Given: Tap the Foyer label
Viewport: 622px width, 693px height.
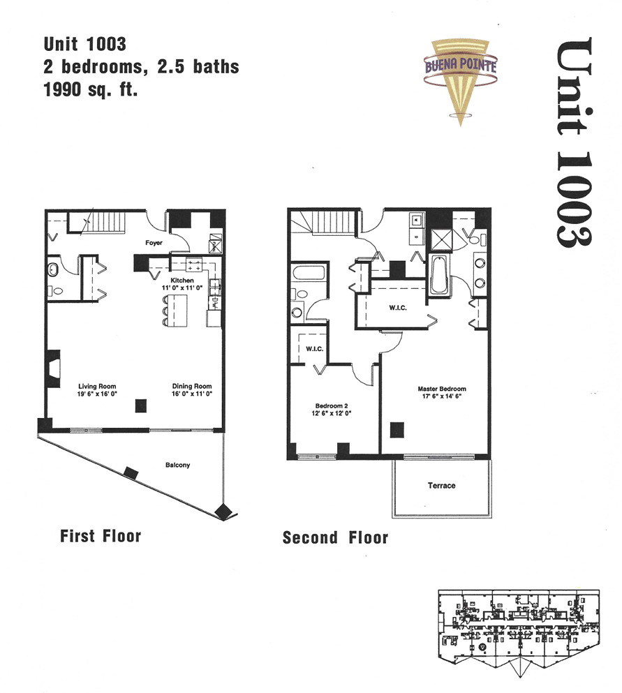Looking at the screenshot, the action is pyautogui.click(x=154, y=243).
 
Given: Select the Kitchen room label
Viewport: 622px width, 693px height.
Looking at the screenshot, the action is pyautogui.click(x=182, y=281).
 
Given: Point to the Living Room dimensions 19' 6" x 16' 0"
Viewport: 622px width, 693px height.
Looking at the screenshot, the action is pyautogui.click(x=97, y=394).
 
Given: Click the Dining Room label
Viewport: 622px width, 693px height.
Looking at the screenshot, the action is pyautogui.click(x=192, y=386).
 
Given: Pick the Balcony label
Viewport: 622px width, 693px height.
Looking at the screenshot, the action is pyautogui.click(x=178, y=465).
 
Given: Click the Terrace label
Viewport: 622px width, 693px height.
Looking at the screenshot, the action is pyautogui.click(x=441, y=485).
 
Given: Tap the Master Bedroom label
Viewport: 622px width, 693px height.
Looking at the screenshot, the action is pyautogui.click(x=442, y=389).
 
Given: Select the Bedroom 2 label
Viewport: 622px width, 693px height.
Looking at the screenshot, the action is pyautogui.click(x=332, y=405).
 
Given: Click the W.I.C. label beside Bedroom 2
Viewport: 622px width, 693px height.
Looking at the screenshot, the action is pyautogui.click(x=314, y=349).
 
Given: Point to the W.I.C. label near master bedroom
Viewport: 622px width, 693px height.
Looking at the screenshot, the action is pyautogui.click(x=398, y=308).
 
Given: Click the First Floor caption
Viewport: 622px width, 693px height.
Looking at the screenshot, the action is pyautogui.click(x=101, y=536).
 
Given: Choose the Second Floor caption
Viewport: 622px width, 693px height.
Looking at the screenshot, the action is pyautogui.click(x=336, y=538).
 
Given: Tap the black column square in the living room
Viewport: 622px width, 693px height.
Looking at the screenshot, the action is pyautogui.click(x=140, y=405).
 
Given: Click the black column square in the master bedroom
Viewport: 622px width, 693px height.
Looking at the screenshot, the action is pyautogui.click(x=397, y=430).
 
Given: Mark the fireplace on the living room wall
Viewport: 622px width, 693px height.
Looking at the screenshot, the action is pyautogui.click(x=54, y=369).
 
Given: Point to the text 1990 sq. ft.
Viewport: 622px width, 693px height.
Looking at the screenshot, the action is pyautogui.click(x=90, y=90).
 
